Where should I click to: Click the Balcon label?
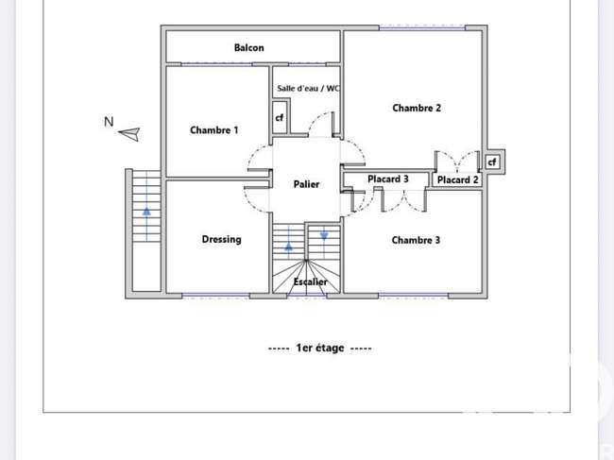pos(249,48)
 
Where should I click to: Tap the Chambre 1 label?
pos(213,130)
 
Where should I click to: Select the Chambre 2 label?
pos(417,108)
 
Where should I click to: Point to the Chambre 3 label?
pos(416,240)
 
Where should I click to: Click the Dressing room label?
pos(222,239)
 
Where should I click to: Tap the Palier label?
pos(306,184)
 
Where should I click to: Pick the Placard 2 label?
pos(458,180)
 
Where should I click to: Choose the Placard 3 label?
pos(388,179)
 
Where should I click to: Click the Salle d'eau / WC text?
pos(308,89)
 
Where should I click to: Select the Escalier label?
pos(310,281)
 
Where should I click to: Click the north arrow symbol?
pos(129,134)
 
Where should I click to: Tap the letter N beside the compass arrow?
pos(109,122)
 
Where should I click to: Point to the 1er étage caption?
pos(320,348)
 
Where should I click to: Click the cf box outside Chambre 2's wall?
pos(492,162)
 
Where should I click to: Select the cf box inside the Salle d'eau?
pos(280,117)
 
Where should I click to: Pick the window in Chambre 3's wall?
pos(414,296)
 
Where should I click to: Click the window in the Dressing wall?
pos(215,296)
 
